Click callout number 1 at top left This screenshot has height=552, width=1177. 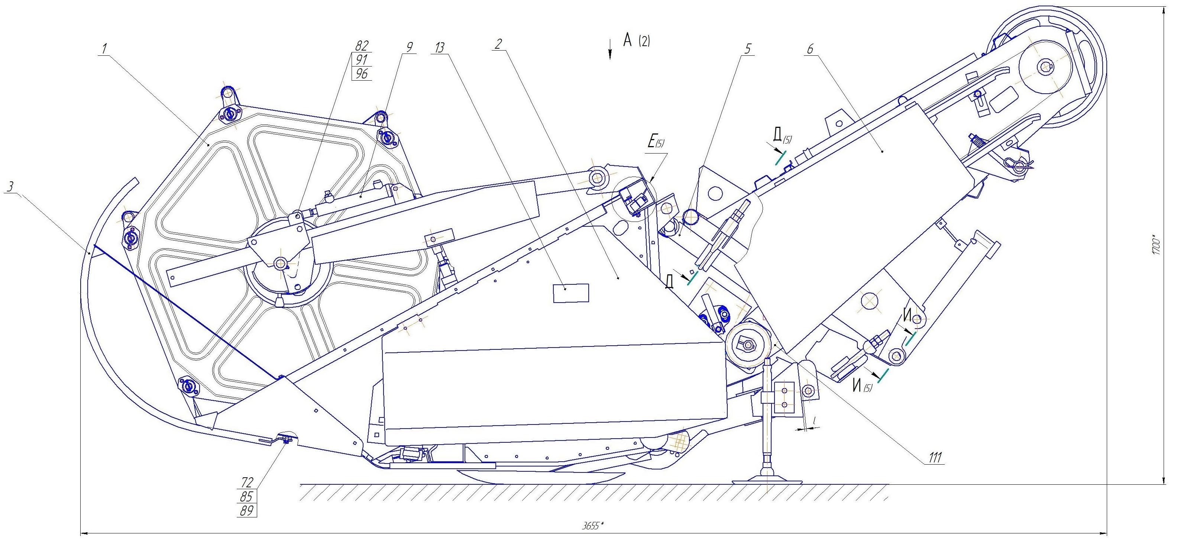point(105,48)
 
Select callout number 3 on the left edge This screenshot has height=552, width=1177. point(11,187)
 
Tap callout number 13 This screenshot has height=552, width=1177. point(440,48)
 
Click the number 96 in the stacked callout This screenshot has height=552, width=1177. point(361,74)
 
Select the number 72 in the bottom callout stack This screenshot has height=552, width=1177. point(247,482)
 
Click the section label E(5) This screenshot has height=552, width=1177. point(656,141)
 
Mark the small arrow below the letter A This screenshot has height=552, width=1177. point(609,49)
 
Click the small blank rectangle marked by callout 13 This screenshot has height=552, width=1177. point(571,293)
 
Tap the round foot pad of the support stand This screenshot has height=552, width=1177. point(767,481)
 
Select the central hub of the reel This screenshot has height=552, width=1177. point(279,262)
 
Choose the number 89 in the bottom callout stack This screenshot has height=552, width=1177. point(247,510)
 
